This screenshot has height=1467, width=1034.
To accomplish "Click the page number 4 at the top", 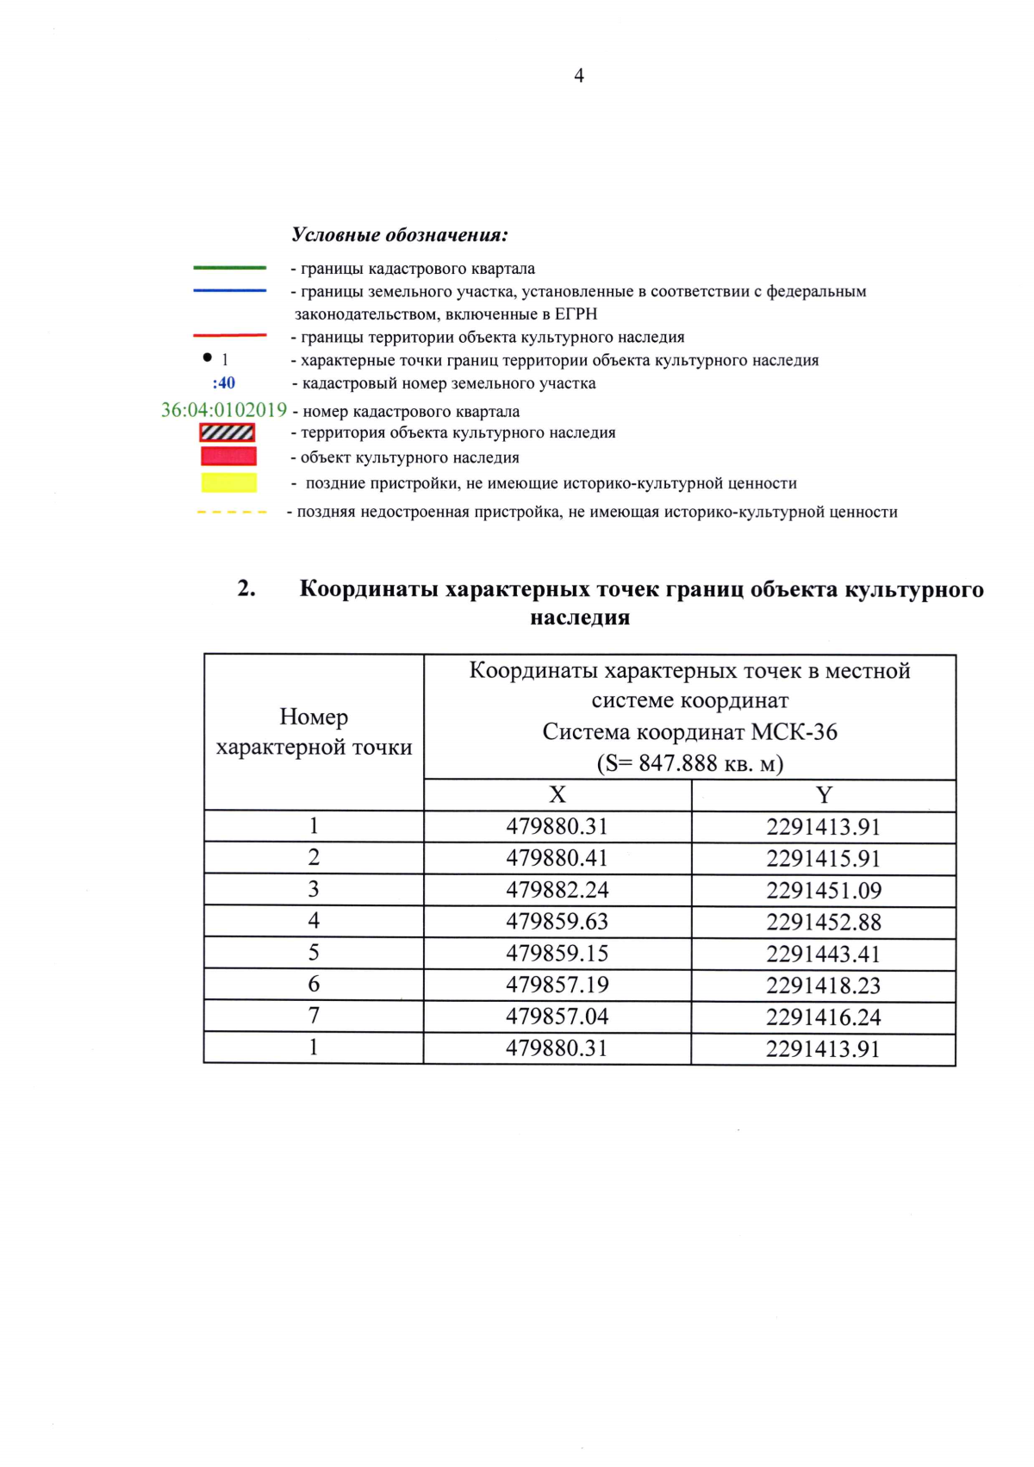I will coord(579,76).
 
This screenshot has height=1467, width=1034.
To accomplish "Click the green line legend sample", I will coord(229,268).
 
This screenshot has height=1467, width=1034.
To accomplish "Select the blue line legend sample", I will coord(229,291).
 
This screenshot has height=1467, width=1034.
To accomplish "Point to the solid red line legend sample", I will coord(229,335).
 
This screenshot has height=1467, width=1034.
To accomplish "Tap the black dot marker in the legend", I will coord(207,357).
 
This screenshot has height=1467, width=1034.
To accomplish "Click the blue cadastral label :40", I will coord(224,383).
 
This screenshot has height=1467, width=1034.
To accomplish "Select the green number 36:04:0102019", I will coord(224,410).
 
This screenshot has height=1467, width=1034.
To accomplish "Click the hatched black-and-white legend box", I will coord(227,432).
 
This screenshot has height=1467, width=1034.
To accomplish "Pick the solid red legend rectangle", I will coord(228,457).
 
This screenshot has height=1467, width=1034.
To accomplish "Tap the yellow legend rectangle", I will coord(228,482).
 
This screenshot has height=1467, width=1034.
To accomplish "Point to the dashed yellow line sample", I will coord(231,513).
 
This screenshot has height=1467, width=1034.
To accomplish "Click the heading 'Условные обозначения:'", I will coord(400,234).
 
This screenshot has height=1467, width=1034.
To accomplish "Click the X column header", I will coord(557,794).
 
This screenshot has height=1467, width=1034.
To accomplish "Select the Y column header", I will coord(824,794).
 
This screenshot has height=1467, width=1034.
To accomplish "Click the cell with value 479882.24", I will coord(557,890).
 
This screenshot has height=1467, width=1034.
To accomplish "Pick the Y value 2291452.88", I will coord(824,922).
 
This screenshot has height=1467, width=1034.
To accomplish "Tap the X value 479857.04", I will coord(557,1016).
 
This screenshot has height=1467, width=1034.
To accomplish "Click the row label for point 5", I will coord(314,953).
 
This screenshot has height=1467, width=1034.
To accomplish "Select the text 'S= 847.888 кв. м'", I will coord(689,763).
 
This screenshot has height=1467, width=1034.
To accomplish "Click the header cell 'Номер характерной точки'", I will coord(314,732).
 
